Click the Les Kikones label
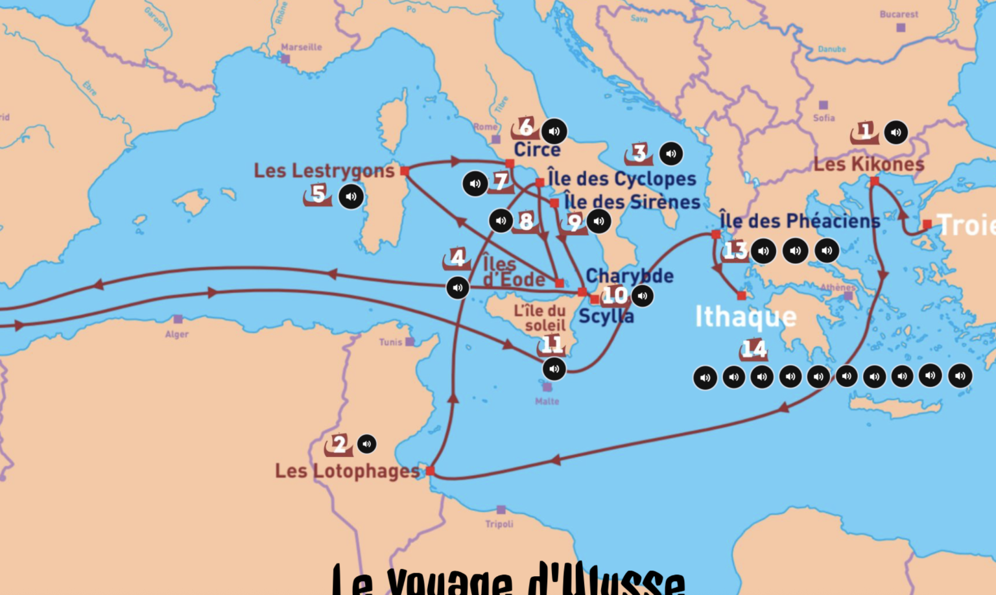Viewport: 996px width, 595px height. [x=869, y=165]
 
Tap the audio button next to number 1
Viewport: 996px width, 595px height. [x=896, y=132]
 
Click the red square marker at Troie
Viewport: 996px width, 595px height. [x=927, y=224]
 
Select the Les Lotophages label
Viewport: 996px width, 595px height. [x=348, y=471]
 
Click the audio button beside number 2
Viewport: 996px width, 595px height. [x=366, y=444]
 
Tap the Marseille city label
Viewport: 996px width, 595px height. [x=302, y=47]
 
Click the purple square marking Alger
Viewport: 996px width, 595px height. [x=178, y=320]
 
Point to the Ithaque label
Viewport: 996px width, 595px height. [x=746, y=317]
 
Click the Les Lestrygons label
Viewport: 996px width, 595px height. [x=324, y=171]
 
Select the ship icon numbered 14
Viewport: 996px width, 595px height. [x=753, y=349]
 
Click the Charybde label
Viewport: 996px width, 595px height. [x=629, y=276]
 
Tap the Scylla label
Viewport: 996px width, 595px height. [x=606, y=316]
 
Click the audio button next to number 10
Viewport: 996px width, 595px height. [x=642, y=296]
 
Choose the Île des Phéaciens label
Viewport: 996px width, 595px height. [x=800, y=221]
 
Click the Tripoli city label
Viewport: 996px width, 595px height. [x=499, y=524]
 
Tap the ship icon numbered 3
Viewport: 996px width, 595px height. [x=639, y=154]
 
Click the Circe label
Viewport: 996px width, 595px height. [x=537, y=150]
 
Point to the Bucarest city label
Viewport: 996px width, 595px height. [x=899, y=14]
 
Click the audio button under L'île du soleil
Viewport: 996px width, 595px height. [x=554, y=369]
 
